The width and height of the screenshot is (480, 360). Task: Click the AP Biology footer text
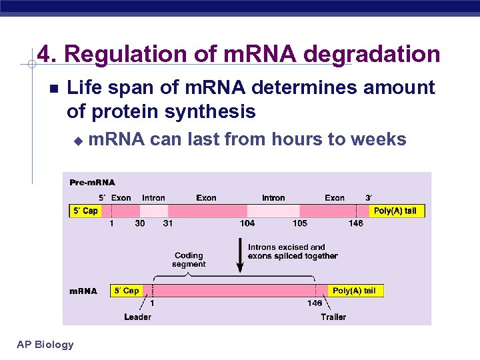(x=45, y=344)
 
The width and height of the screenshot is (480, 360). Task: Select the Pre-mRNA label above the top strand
(x=93, y=183)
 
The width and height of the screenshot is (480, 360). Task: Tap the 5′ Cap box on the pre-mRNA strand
(x=85, y=211)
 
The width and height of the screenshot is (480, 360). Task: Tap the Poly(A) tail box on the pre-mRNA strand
(x=395, y=211)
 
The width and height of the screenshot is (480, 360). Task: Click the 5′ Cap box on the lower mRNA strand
(x=126, y=291)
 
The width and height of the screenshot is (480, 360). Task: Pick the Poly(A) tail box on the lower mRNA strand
(x=354, y=291)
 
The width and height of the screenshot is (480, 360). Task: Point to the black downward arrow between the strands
(x=239, y=257)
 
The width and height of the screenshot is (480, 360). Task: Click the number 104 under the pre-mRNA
(x=247, y=223)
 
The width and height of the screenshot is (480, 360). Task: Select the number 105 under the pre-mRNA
(x=299, y=223)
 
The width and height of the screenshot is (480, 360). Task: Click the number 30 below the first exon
(x=139, y=223)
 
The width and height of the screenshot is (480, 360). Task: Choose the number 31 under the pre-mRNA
(x=167, y=223)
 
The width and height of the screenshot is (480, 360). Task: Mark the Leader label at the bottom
(x=137, y=317)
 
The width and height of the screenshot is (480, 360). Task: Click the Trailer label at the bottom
(x=333, y=317)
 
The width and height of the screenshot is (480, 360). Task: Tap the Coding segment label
(x=189, y=260)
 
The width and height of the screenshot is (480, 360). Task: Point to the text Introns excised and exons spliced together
(x=293, y=251)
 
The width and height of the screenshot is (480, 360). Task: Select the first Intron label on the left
(x=153, y=198)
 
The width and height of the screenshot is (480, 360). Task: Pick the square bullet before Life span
(x=54, y=89)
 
